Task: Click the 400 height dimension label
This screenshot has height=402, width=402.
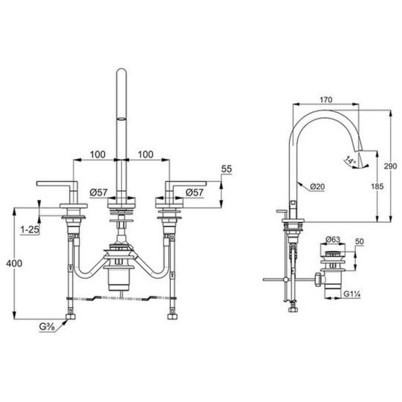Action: (x=14, y=263)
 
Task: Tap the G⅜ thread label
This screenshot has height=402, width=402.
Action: (x=47, y=327)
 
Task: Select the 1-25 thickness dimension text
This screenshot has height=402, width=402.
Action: (x=30, y=230)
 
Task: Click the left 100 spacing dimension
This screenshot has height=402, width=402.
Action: (x=98, y=154)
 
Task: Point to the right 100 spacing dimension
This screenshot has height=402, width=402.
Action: (x=146, y=154)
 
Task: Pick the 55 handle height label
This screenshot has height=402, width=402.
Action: (x=227, y=169)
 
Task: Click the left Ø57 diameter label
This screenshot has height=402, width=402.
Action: (x=99, y=192)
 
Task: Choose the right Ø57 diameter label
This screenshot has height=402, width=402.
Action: (x=194, y=192)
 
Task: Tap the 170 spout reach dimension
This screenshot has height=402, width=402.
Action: (x=326, y=100)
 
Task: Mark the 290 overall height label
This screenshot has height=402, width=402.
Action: (x=390, y=166)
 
